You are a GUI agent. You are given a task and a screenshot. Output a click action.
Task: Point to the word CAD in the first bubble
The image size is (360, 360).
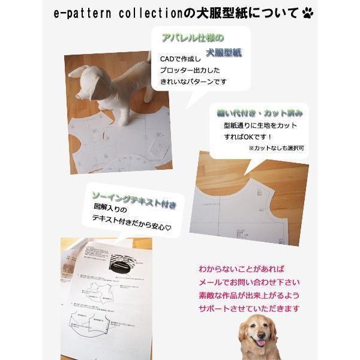click(x=169, y=61)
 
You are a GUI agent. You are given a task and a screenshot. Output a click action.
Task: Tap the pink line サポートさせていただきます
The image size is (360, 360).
click(x=250, y=308)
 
